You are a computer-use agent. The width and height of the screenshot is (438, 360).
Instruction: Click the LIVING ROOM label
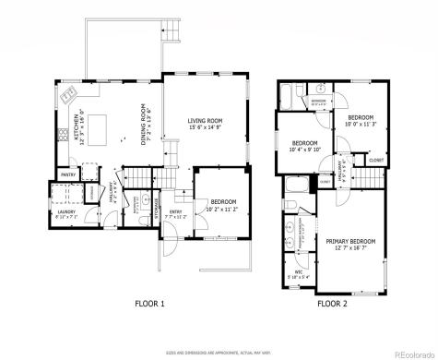coord(207,121)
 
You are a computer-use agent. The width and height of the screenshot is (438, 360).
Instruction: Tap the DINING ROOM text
coord(145,121)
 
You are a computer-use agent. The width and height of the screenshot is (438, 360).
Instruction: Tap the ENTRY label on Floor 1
coord(175,212)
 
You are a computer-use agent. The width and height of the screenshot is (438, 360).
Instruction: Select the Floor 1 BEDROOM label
coord(223,202)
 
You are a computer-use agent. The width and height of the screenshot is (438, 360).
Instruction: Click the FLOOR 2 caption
coord(332,303)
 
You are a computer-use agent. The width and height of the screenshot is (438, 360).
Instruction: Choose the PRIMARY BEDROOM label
coord(349,242)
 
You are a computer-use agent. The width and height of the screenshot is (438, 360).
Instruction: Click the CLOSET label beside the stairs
coord(375,160)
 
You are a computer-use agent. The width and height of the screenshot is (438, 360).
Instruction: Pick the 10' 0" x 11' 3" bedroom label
coord(360,119)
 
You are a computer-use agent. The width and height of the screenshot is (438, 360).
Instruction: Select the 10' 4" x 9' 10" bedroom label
coord(305,145)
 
